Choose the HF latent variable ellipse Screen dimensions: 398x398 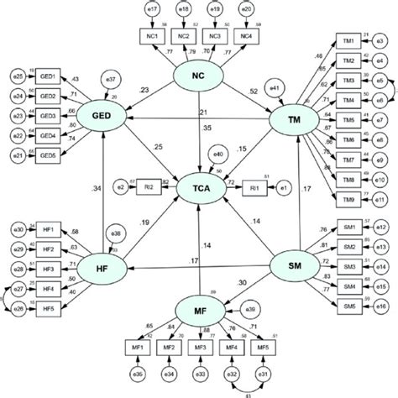(x=102, y=266)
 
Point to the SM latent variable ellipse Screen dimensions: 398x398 (x=296, y=267)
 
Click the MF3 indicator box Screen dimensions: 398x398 (x=200, y=348)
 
